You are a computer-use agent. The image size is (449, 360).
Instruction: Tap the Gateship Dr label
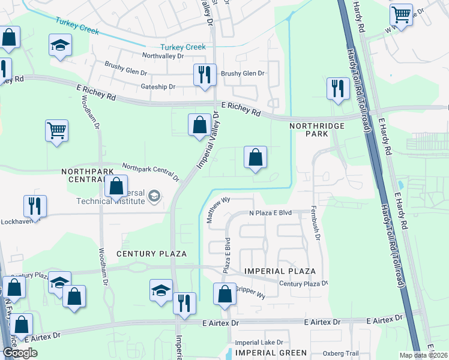[158, 87]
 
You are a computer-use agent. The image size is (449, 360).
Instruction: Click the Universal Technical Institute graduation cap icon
[154, 196]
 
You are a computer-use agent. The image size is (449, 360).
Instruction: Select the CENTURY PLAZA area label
[151, 254]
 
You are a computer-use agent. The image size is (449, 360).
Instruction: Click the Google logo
[20, 352]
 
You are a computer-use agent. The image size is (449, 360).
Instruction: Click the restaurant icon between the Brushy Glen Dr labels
[205, 75]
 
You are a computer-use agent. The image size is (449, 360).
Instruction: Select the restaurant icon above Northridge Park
[338, 88]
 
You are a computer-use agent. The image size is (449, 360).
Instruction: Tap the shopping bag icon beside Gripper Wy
[224, 294]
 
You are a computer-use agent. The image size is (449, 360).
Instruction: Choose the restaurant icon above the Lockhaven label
[35, 206]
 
